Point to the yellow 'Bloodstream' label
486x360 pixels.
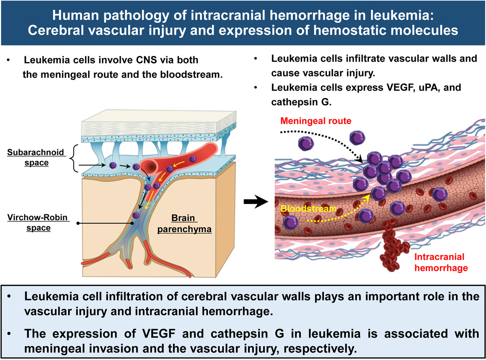click(309, 208)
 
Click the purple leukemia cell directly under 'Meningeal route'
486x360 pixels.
click(307, 142)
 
